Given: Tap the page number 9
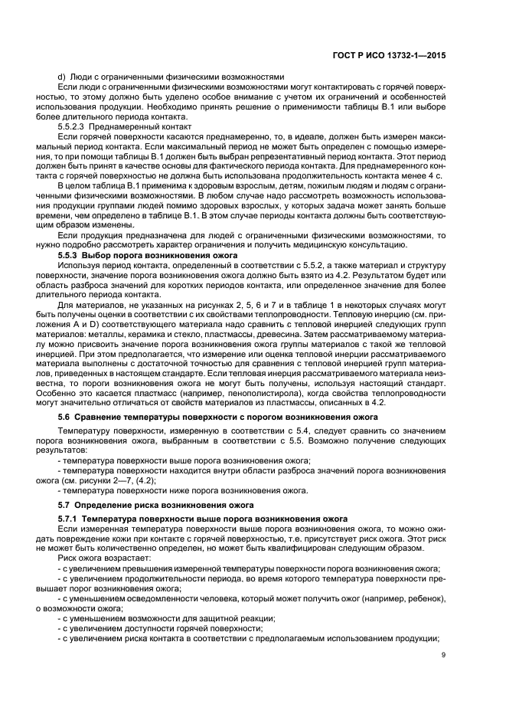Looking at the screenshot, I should (443, 676).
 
